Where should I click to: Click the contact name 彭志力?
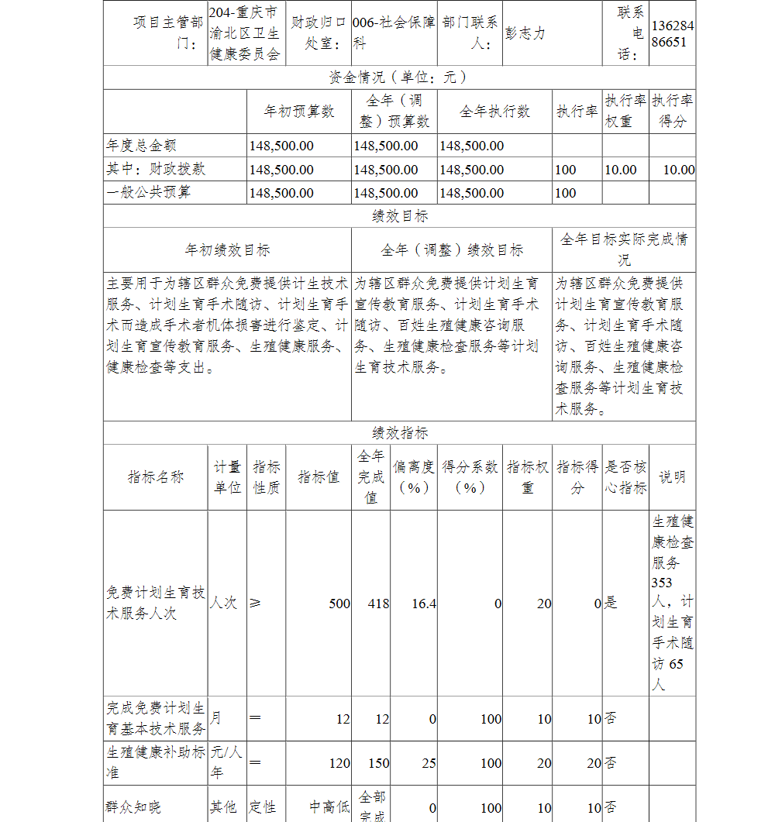tap(525, 34)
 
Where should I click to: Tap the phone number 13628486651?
tap(672, 34)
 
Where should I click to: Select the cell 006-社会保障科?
tap(393, 33)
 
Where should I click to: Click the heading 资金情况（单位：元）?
tap(399, 77)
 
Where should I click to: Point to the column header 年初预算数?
tap(299, 112)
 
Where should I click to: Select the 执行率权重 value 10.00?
tap(620, 170)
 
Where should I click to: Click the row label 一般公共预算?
tap(148, 192)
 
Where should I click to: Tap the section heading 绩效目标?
tap(399, 216)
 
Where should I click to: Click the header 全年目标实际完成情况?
tap(624, 249)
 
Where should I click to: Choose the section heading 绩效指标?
tap(399, 433)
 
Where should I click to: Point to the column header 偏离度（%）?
tap(414, 477)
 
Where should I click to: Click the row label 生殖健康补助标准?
tap(155, 762)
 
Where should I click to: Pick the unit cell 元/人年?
tap(227, 762)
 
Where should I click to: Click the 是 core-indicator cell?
tap(611, 604)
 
